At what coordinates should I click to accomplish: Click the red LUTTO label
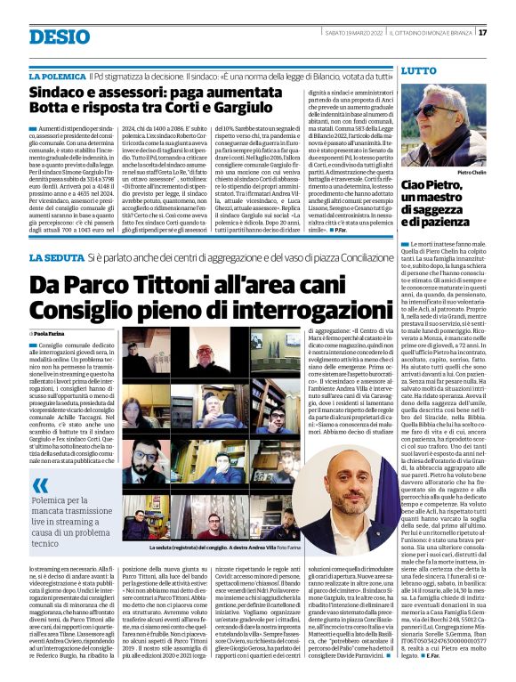[418, 69]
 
